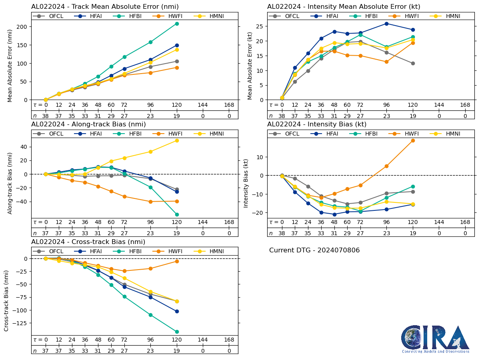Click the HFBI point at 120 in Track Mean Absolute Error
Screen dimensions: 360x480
(177, 24)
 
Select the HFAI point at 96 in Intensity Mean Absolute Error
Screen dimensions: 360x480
(386, 24)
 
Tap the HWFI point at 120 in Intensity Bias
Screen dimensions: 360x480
(413, 140)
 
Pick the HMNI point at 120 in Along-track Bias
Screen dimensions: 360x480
(177, 140)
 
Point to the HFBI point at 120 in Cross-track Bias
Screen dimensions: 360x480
(177, 332)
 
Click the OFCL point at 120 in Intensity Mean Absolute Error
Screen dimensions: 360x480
(413, 63)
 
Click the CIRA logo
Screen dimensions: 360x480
(435, 339)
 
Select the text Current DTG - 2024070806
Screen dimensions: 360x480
(314, 250)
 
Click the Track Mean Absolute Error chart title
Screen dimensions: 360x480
(105, 6)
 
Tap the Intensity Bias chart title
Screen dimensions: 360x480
(317, 124)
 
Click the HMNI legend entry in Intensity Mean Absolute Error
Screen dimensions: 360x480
(449, 16)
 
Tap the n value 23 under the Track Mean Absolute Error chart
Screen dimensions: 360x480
(150, 116)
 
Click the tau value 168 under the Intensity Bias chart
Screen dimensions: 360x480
(465, 222)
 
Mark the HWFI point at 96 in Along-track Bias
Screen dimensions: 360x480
(150, 202)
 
